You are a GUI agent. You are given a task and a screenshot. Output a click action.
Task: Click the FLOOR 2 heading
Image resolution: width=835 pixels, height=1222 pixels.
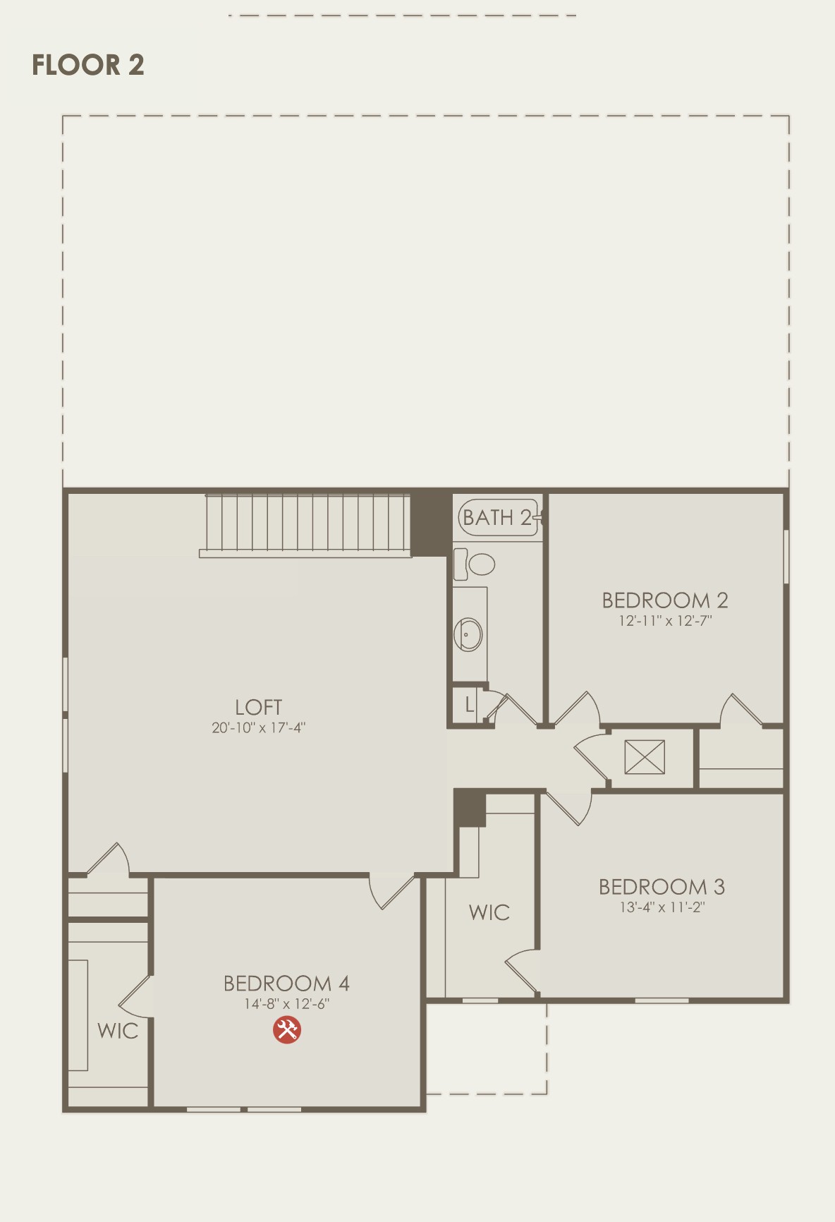(x=88, y=65)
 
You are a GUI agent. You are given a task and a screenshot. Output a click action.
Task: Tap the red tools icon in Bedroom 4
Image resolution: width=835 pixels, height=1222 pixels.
(x=287, y=1029)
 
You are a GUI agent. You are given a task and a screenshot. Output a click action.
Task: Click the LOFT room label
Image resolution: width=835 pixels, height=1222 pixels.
(x=259, y=707)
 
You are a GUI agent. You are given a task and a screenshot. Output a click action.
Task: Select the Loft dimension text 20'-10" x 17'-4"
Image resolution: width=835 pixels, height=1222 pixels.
(x=259, y=727)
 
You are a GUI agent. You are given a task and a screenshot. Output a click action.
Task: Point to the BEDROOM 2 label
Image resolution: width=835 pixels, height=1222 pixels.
(x=664, y=600)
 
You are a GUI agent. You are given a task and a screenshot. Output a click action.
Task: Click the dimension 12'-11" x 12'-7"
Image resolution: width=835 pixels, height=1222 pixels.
(x=665, y=621)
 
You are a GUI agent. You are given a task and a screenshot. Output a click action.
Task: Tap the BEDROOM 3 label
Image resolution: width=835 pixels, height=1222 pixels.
(x=662, y=887)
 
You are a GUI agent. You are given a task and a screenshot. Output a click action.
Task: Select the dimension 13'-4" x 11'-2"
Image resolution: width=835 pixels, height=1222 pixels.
(x=662, y=907)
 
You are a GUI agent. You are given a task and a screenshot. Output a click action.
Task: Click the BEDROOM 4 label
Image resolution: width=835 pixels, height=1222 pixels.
(x=286, y=984)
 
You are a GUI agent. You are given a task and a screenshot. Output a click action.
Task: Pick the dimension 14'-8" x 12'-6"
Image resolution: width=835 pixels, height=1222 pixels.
(x=286, y=1004)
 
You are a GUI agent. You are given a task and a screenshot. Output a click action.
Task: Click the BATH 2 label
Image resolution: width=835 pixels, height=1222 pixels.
(x=496, y=518)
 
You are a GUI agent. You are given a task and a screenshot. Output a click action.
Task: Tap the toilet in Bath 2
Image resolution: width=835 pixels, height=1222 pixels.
(x=474, y=564)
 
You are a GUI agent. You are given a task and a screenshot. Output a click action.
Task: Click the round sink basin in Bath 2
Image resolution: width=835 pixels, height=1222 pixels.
(x=468, y=634)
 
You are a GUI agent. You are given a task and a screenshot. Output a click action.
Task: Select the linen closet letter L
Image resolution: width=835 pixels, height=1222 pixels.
(x=469, y=704)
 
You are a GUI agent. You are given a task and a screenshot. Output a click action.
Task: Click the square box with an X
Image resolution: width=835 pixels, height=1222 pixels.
(x=645, y=757)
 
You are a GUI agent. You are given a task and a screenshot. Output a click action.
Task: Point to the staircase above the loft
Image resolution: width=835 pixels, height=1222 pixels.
(x=305, y=526)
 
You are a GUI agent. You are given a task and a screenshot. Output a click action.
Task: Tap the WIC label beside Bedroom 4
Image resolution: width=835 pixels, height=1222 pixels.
(x=118, y=1032)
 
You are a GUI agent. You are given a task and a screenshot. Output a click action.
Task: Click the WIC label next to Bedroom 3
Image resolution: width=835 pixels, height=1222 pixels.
(x=489, y=913)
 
